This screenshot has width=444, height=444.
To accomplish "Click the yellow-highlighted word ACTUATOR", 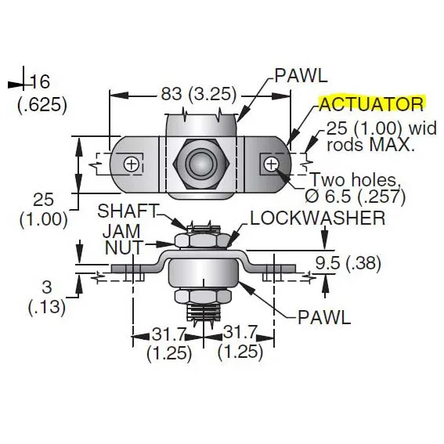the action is [x=372, y=104].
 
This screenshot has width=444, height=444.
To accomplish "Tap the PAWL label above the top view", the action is [x=301, y=76].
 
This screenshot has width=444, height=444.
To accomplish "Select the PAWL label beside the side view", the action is [x=324, y=317].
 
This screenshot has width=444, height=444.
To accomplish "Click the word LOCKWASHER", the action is [x=317, y=218].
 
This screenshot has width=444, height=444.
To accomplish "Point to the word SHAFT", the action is [x=128, y=211].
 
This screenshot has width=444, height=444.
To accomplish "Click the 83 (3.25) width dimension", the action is [x=198, y=93].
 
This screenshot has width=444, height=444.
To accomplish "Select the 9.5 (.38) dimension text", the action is [x=348, y=263].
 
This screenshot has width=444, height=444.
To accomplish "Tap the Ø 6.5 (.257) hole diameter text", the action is [x=355, y=196].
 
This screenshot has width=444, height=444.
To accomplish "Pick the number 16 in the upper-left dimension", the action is [x=41, y=81].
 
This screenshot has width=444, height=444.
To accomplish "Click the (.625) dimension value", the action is [x=42, y=105].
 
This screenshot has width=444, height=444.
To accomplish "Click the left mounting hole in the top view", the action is [x=132, y=164].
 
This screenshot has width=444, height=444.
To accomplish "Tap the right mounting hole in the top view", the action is [x=271, y=164].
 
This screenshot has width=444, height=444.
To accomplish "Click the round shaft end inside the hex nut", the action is [x=198, y=164].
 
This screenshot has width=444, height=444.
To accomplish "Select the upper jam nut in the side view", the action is [x=202, y=241].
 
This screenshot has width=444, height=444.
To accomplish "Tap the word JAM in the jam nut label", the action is [x=121, y=231].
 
